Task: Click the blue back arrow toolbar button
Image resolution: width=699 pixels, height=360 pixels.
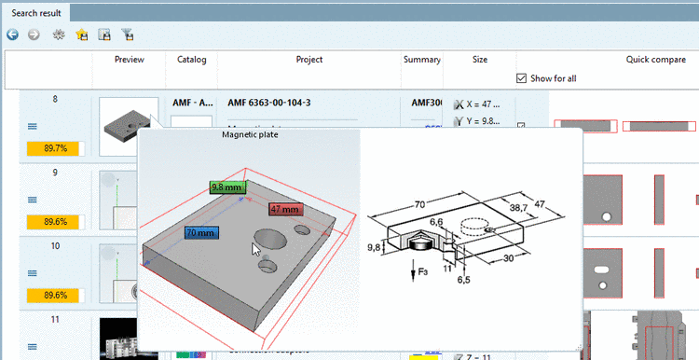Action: pyautogui.click(x=12, y=35)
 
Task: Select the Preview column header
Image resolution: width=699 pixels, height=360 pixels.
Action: pyautogui.click(x=129, y=60)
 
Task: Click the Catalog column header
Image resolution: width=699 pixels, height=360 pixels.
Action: pyautogui.click(x=191, y=60)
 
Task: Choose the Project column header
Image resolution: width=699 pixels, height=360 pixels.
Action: pyautogui.click(x=308, y=60)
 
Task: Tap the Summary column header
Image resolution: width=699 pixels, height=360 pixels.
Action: pyautogui.click(x=421, y=60)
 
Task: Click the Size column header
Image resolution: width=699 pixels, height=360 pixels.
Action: pyautogui.click(x=479, y=60)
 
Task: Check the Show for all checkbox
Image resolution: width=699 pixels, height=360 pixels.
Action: pyautogui.click(x=521, y=78)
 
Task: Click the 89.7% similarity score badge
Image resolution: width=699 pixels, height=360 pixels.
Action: pyautogui.click(x=54, y=147)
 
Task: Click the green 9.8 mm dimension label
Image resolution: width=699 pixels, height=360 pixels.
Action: pyautogui.click(x=226, y=187)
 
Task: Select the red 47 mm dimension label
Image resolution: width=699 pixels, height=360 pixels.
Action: pyautogui.click(x=286, y=209)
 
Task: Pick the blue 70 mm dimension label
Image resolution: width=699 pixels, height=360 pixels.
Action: pyautogui.click(x=200, y=232)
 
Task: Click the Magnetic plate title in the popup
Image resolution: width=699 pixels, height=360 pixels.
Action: pyautogui.click(x=250, y=135)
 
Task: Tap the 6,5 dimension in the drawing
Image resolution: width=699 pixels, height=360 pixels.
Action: pyautogui.click(x=462, y=279)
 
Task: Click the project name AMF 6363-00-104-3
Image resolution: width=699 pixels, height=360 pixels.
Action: pyautogui.click(x=268, y=103)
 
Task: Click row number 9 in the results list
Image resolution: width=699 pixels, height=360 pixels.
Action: pyautogui.click(x=55, y=173)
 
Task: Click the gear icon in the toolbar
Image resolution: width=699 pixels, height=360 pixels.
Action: pyautogui.click(x=59, y=35)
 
